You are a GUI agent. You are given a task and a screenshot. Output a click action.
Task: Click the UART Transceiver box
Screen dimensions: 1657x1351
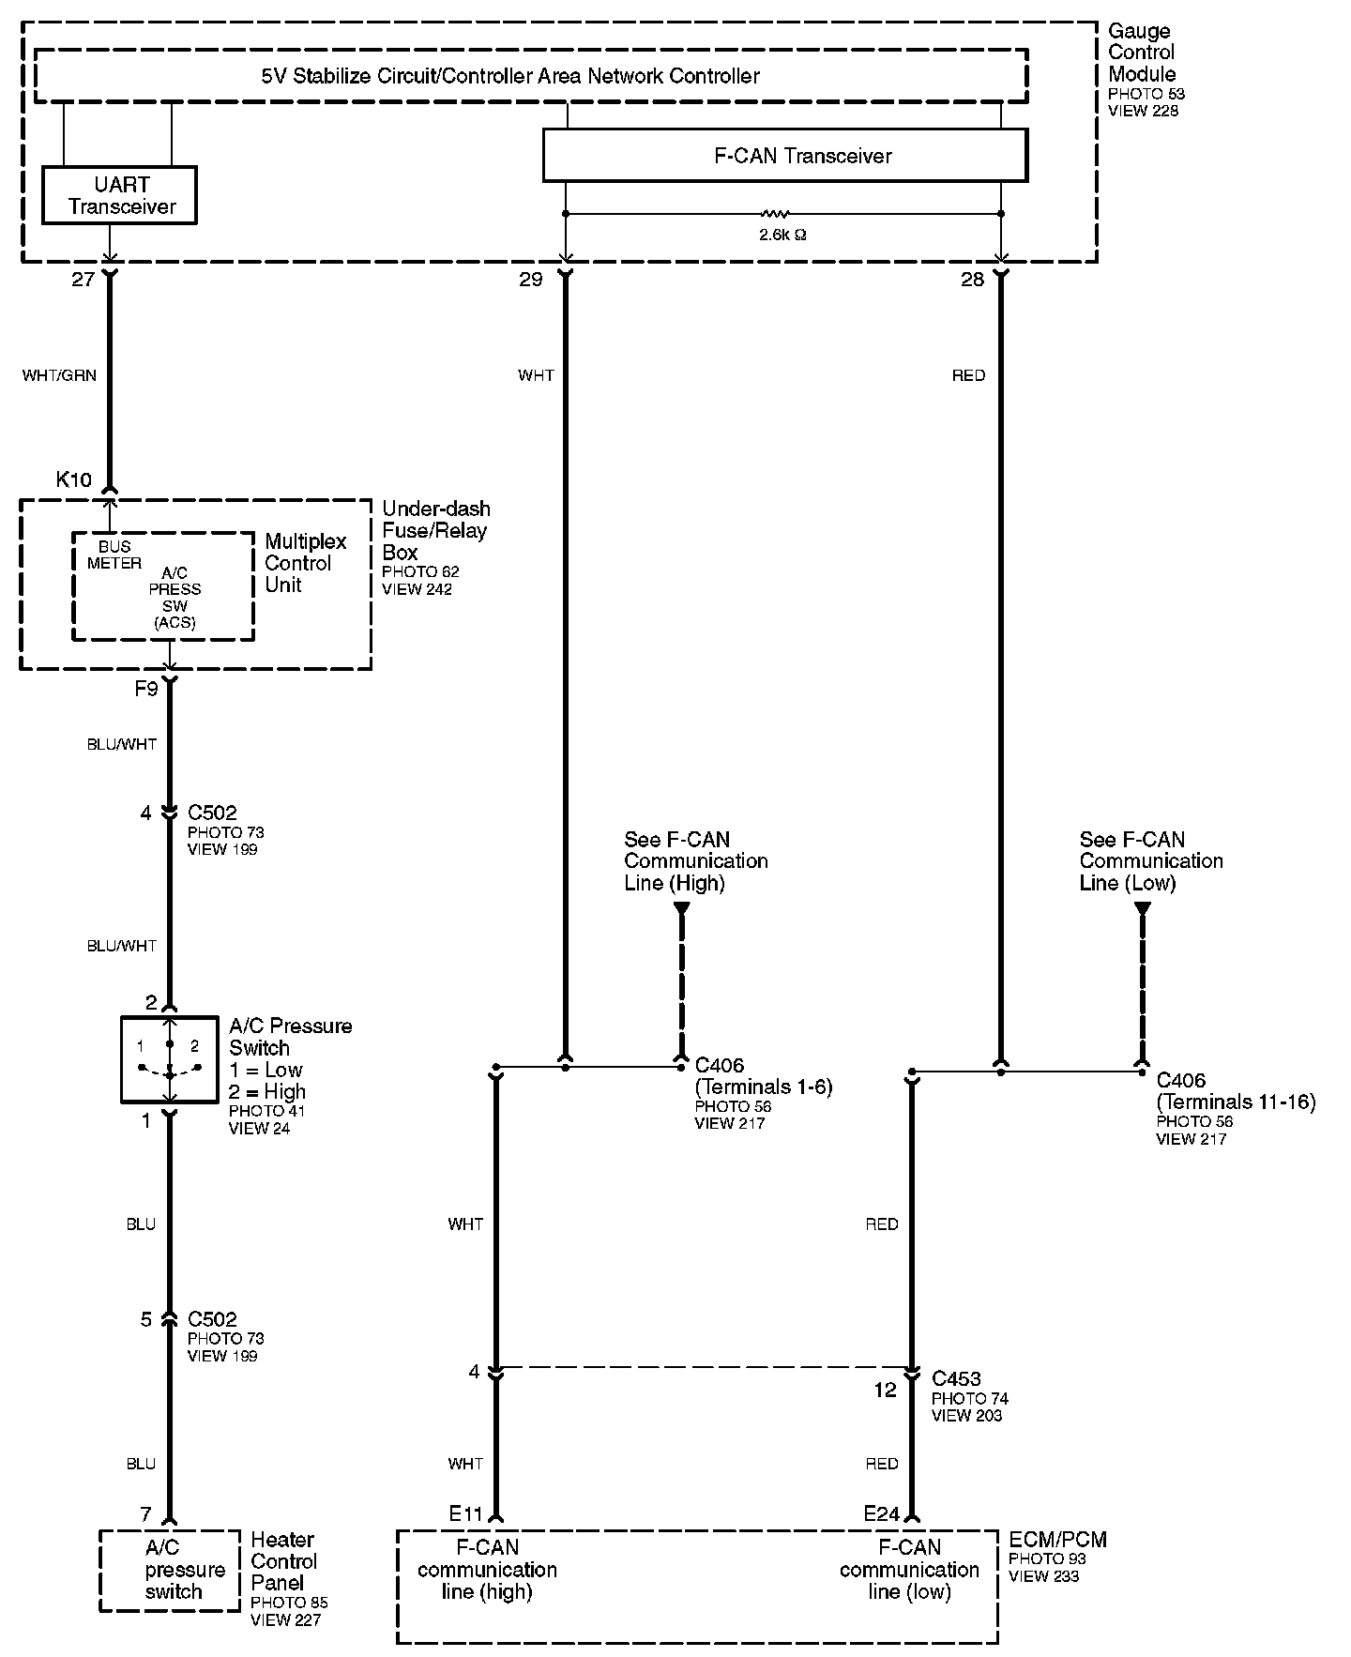(120, 195)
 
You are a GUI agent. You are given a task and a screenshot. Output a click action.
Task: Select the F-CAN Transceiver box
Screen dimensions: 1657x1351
(785, 155)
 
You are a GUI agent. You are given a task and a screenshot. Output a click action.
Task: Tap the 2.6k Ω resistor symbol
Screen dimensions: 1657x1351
(776, 214)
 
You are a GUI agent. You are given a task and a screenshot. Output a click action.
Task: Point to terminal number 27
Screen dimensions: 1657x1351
(83, 279)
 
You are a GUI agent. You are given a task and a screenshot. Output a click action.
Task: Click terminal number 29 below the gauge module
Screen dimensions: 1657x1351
(531, 279)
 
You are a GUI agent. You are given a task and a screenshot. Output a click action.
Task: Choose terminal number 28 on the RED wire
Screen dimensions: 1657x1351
(973, 279)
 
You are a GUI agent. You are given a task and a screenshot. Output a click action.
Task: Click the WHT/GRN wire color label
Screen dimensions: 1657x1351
(59, 375)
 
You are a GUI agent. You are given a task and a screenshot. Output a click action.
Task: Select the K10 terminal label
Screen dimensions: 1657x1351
(74, 479)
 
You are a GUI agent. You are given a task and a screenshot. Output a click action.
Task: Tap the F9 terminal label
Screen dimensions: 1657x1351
(145, 690)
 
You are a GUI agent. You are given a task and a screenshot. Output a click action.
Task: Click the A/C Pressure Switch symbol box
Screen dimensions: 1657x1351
(169, 1058)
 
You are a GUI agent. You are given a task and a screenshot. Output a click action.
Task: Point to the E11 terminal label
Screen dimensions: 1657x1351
(465, 1513)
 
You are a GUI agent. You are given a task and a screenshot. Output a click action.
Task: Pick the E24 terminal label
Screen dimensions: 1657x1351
(882, 1513)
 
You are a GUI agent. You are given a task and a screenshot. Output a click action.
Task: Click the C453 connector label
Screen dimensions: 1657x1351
(956, 1378)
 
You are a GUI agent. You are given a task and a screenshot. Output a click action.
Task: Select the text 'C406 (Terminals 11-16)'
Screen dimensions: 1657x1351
(1235, 1091)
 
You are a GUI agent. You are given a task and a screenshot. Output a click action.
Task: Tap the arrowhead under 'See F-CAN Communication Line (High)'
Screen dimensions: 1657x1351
(682, 908)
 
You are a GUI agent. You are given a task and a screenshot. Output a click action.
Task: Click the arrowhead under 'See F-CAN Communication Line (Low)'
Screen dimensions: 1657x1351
(1142, 908)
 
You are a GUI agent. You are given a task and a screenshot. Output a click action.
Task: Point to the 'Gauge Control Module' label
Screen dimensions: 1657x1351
(1142, 53)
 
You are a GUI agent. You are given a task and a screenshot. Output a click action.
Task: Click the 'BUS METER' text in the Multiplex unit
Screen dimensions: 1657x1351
(114, 555)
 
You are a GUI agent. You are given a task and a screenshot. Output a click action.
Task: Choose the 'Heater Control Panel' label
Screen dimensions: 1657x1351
(283, 1561)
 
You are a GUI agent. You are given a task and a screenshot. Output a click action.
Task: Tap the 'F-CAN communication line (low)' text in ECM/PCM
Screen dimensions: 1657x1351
(909, 1570)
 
